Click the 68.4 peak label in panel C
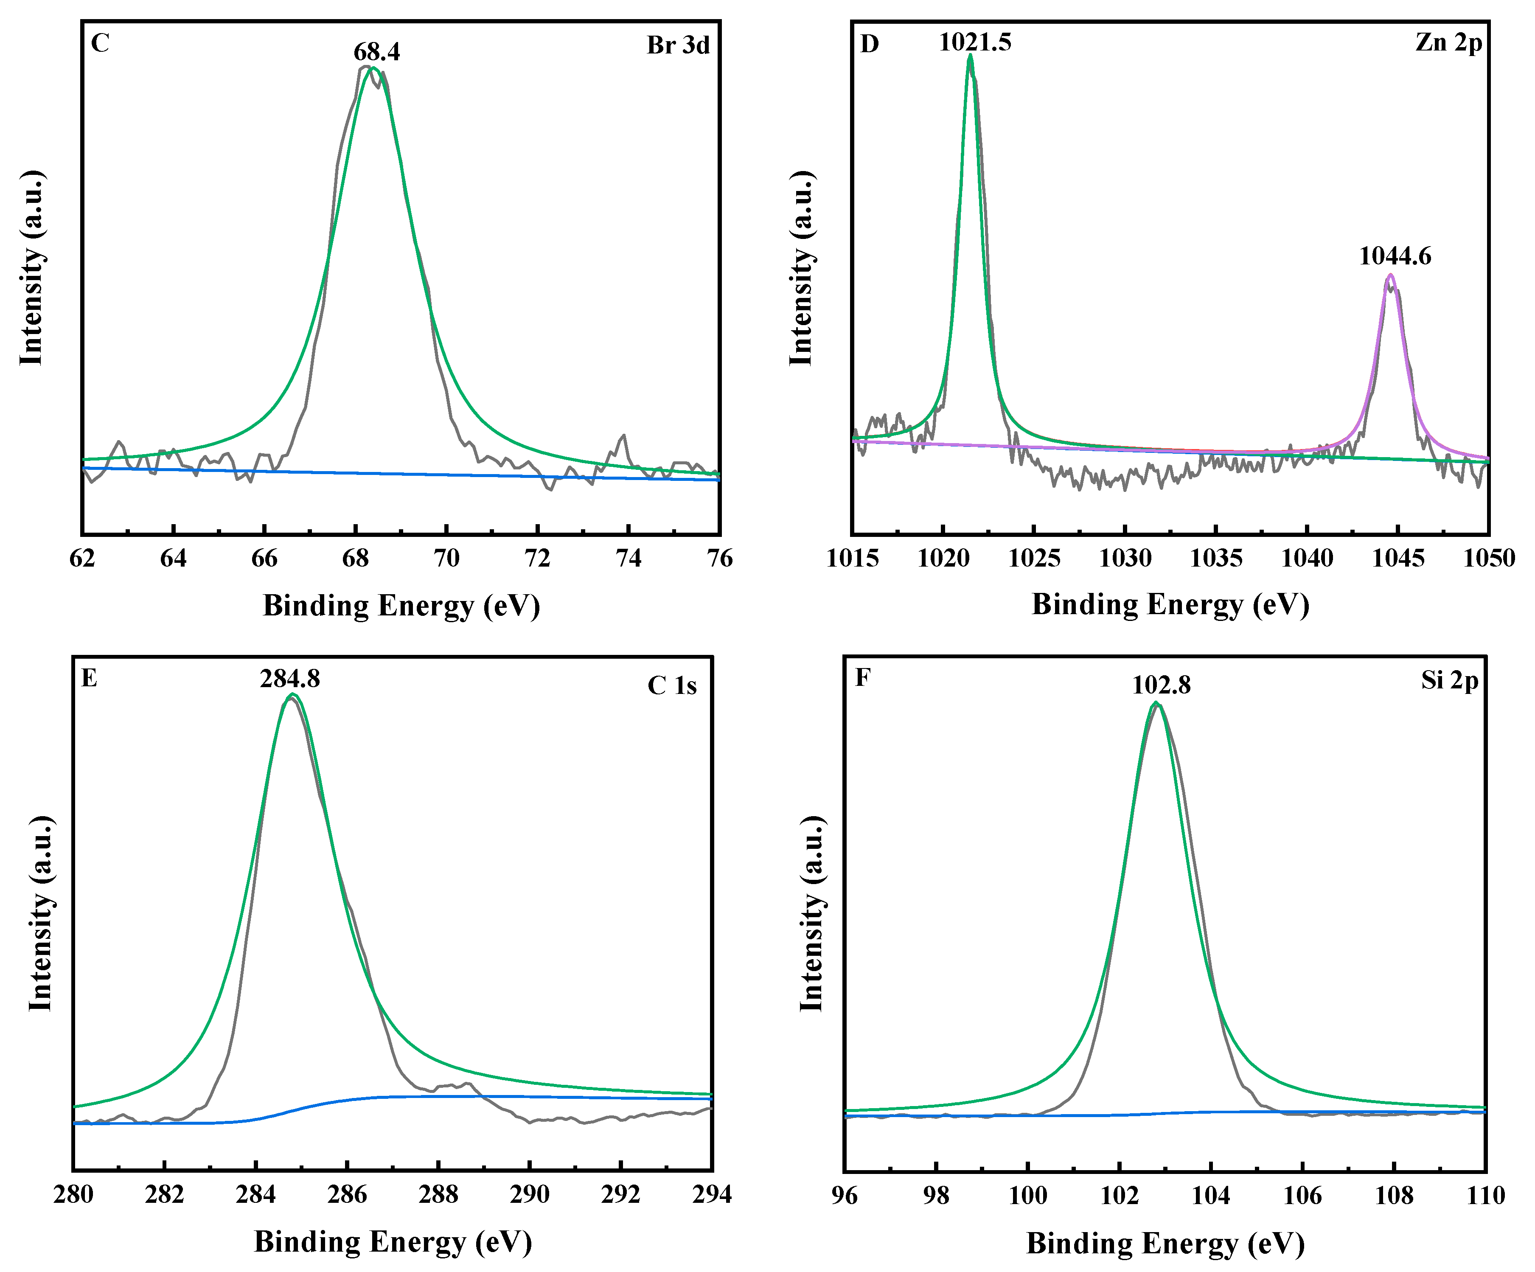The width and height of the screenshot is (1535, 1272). [376, 52]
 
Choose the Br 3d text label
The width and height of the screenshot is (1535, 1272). [678, 45]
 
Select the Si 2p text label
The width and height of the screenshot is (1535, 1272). [1449, 681]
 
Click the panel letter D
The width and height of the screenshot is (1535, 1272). [869, 44]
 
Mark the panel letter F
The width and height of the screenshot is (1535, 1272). [862, 678]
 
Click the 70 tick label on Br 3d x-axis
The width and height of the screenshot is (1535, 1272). [446, 559]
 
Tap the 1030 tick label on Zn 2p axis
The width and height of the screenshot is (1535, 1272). [1125, 559]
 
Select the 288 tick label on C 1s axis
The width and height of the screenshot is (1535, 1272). [438, 1194]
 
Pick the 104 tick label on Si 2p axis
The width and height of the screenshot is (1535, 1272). [1211, 1196]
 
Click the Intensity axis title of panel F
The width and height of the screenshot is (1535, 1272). [811, 914]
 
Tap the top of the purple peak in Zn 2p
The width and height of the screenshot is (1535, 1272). [1390, 275]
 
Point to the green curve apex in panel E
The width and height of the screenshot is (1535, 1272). [292, 694]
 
